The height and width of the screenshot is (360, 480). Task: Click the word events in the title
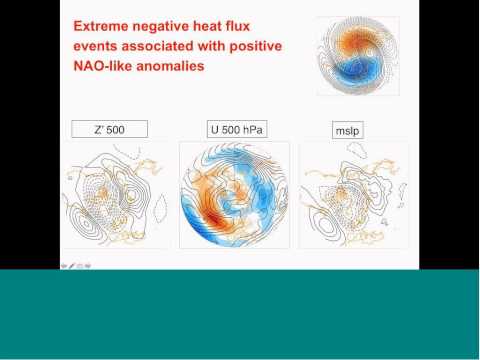[x=97, y=46]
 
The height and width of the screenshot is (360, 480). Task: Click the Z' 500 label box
[x=109, y=129]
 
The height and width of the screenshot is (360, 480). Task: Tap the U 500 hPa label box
[x=235, y=129]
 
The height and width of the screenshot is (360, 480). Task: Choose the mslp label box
[x=346, y=129]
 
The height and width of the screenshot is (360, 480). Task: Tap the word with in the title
[x=216, y=46]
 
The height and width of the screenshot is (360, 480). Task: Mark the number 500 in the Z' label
[x=116, y=129]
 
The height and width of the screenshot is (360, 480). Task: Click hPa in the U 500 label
[x=250, y=129]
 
